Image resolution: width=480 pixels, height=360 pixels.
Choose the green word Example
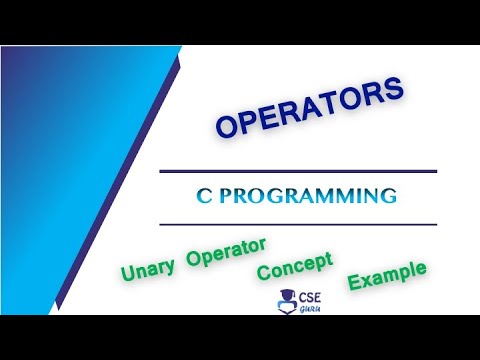coord(386,274)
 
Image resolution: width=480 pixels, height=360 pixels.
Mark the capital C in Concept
coord(263,272)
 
